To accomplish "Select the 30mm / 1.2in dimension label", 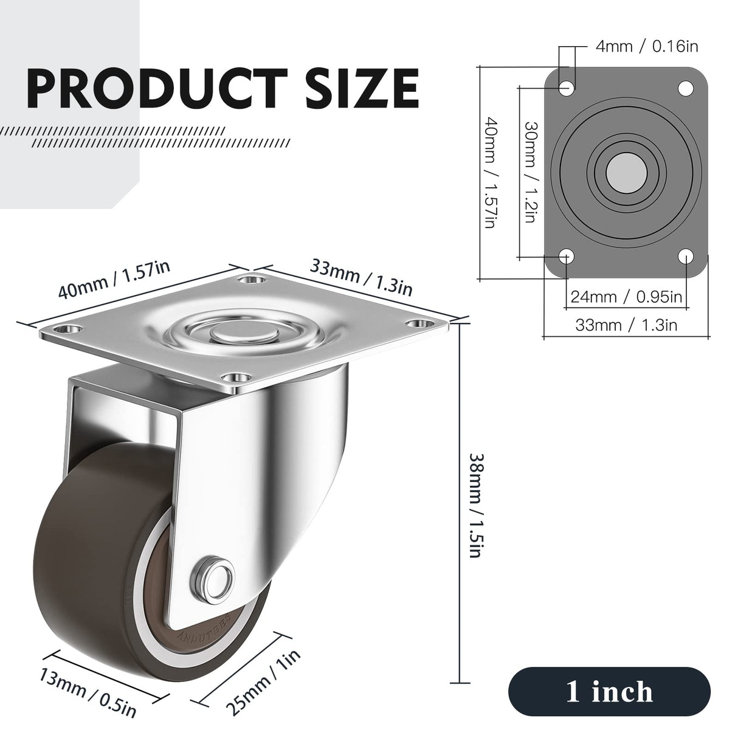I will tap(530, 171).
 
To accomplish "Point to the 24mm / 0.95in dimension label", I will tap(626, 297).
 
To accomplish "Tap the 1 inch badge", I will tap(609, 692).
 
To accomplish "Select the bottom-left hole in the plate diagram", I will tap(567, 256).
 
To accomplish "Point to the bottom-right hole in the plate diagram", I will tap(686, 256).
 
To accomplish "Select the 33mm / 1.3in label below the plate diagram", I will tap(626, 325).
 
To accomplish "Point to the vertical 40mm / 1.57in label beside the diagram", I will tap(491, 173).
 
